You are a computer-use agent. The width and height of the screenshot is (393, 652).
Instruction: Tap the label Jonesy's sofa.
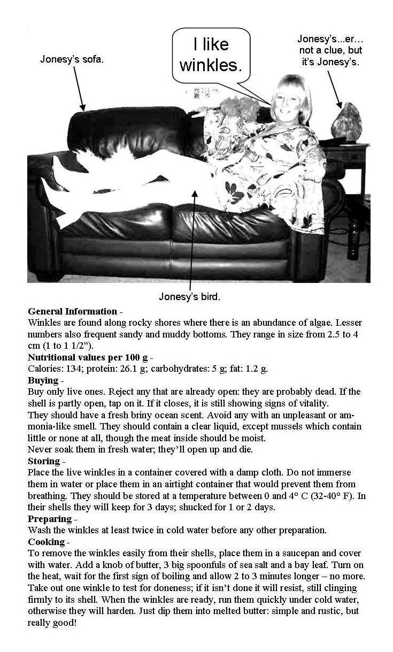72,59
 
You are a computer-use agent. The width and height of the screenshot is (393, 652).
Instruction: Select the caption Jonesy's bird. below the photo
189,296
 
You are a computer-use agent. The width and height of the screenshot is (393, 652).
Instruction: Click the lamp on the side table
346,122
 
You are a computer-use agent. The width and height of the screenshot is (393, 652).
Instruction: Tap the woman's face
284,101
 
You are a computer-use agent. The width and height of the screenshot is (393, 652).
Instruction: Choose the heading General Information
72,311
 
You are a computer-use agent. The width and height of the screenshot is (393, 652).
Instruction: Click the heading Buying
43,380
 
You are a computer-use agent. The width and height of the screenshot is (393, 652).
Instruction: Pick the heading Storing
44,461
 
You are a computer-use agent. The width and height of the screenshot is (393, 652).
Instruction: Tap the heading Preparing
50,519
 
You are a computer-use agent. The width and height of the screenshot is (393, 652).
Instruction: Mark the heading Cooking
47,542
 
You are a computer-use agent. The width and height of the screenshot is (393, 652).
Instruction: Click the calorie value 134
73,369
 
